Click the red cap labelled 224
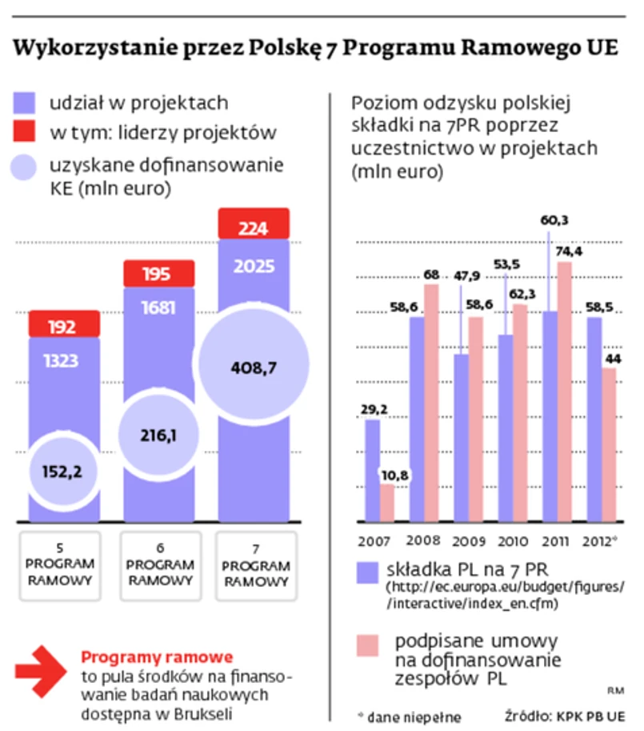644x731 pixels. [x=253, y=227]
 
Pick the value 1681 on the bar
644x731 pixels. [x=158, y=307]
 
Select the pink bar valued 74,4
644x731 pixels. [x=564, y=392]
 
